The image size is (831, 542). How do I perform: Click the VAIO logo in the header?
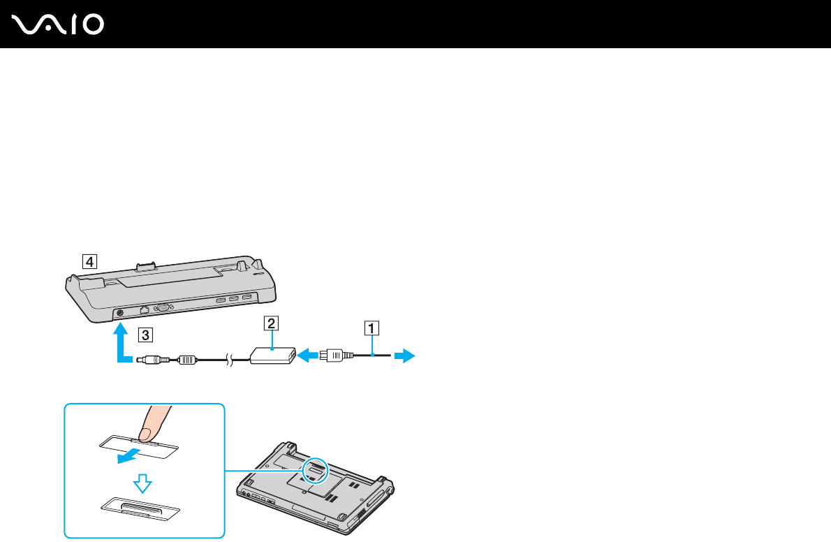pos(58,24)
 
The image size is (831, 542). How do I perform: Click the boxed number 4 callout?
pos(88,262)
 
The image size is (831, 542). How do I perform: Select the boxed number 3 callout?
pos(144,334)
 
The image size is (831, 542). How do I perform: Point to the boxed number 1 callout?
pos(374,327)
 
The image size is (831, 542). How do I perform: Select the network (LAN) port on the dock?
pos(144,308)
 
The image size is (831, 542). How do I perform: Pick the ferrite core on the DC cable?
pos(186,360)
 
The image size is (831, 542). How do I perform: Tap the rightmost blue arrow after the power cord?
pos(404,356)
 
